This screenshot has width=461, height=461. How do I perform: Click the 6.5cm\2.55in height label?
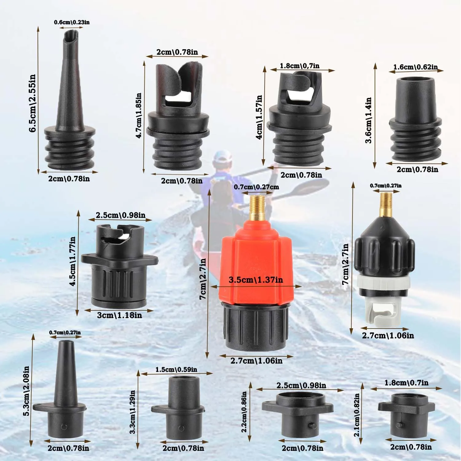(x=32, y=103)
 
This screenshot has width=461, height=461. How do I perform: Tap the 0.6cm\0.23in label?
(x=72, y=22)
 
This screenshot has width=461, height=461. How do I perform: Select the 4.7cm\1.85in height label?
(x=139, y=116)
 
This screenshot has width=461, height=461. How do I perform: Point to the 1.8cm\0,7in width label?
(x=300, y=66)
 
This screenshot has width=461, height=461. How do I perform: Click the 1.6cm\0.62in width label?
(x=416, y=67)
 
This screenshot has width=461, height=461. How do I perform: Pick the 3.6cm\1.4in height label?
(x=368, y=120)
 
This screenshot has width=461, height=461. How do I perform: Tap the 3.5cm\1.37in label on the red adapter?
(x=256, y=280)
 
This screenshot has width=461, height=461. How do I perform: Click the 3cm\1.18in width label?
(x=120, y=315)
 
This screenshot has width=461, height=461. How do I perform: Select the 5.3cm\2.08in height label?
(x=26, y=391)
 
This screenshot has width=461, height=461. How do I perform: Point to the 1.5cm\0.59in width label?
(x=176, y=369)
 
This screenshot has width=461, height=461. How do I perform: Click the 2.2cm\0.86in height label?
(x=244, y=412)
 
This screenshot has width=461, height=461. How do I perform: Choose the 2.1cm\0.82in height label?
(x=357, y=415)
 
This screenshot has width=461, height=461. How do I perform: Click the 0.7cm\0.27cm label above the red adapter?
(x=256, y=187)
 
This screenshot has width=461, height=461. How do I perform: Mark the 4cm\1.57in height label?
(x=259, y=117)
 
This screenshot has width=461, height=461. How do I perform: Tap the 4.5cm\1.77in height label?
(x=73, y=261)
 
